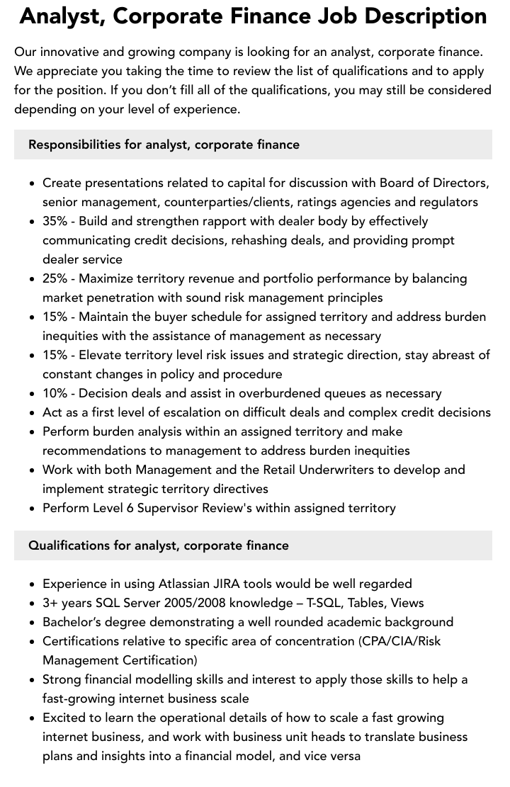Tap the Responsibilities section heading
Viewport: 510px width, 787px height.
(164, 145)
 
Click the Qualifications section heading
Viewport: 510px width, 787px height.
(159, 545)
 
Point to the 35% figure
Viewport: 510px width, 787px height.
(55, 221)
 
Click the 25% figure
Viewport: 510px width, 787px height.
(55, 278)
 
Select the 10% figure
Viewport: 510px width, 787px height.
(55, 393)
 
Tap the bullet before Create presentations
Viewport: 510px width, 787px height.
(32, 183)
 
